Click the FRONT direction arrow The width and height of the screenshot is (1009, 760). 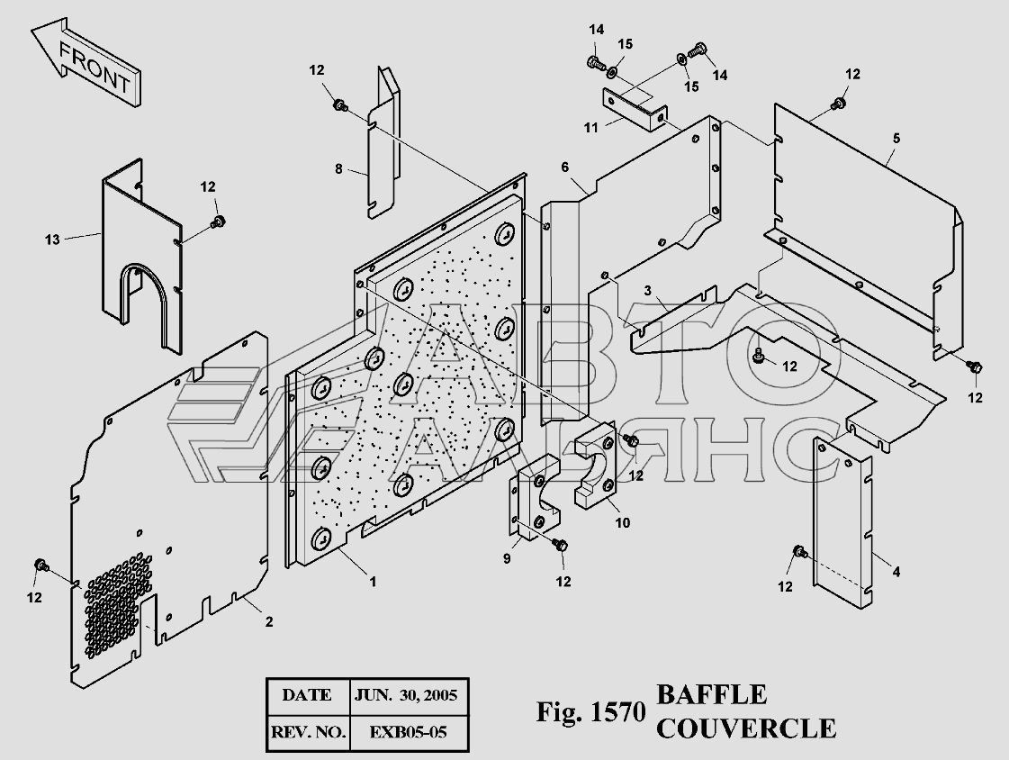(x=85, y=61)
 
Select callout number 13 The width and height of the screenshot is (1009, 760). (x=52, y=240)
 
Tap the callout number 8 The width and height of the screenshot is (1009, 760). (x=338, y=169)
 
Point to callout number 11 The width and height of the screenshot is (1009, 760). (x=590, y=128)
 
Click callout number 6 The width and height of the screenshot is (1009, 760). (x=565, y=167)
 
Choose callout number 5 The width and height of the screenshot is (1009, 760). (x=896, y=139)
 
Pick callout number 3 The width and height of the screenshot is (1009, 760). (x=648, y=291)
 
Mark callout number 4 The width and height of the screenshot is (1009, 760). (x=896, y=571)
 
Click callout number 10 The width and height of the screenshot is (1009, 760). (x=622, y=522)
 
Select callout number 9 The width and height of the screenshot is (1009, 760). (x=507, y=558)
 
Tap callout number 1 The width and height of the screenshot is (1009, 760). (x=372, y=582)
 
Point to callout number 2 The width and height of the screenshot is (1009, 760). (x=269, y=621)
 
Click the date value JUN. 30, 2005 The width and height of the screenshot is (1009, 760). (x=406, y=695)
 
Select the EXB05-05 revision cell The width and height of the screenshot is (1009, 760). (x=408, y=732)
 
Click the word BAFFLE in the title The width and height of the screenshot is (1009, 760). (x=711, y=695)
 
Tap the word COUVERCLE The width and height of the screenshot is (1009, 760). (x=746, y=728)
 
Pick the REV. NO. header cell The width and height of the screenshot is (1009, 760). (x=309, y=732)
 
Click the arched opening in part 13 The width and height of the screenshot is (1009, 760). (x=140, y=270)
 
